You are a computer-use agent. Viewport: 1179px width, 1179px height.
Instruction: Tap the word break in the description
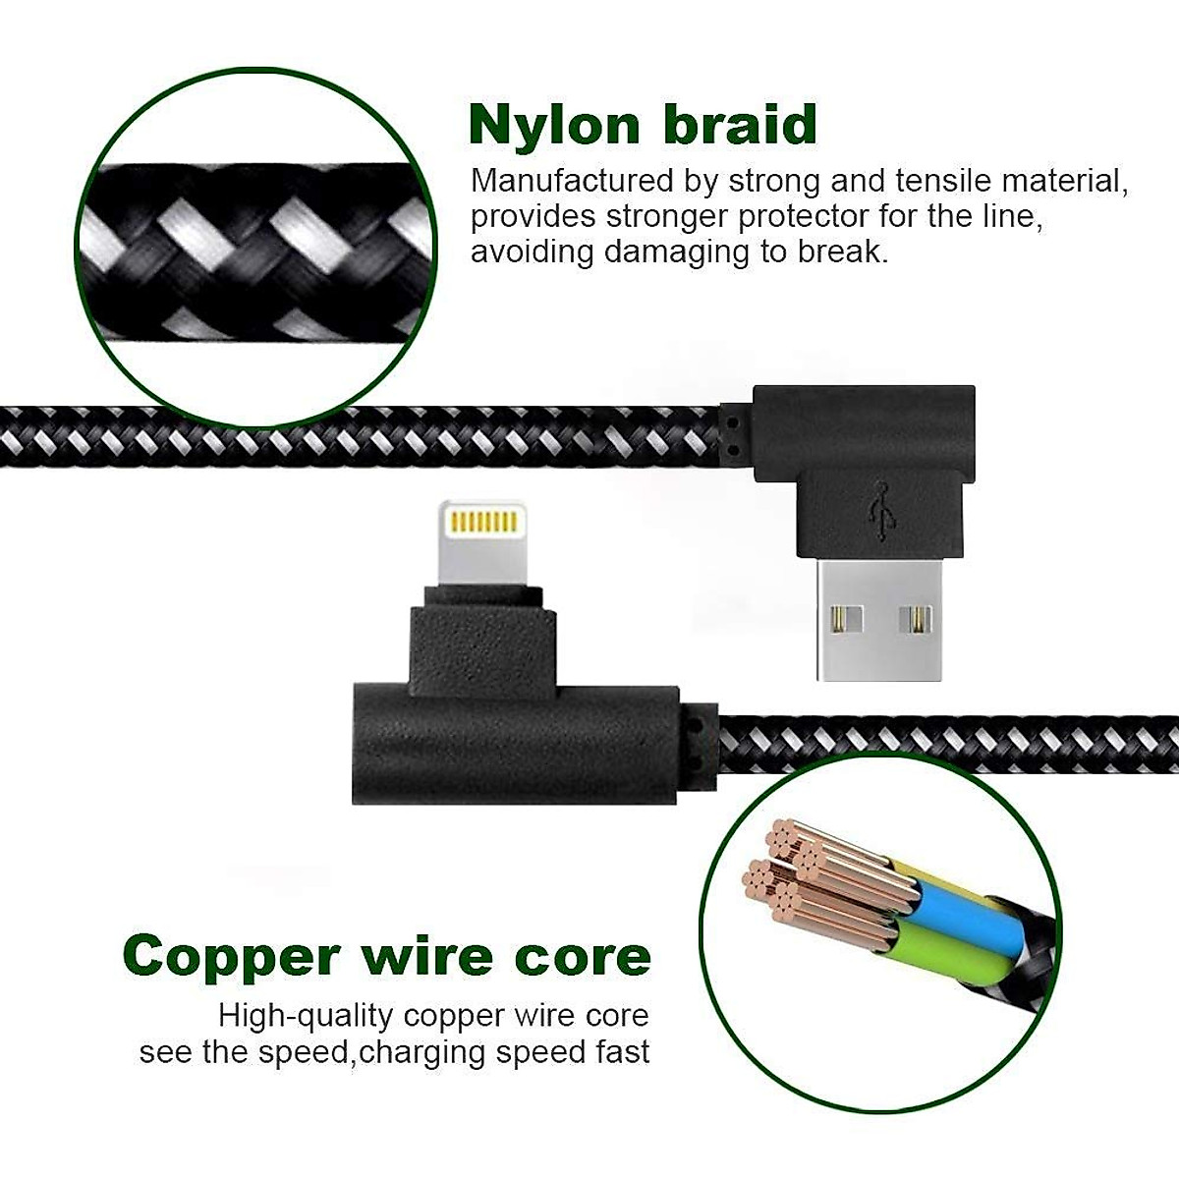(x=840, y=253)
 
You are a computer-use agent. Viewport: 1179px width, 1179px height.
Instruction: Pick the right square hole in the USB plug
(x=919, y=619)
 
